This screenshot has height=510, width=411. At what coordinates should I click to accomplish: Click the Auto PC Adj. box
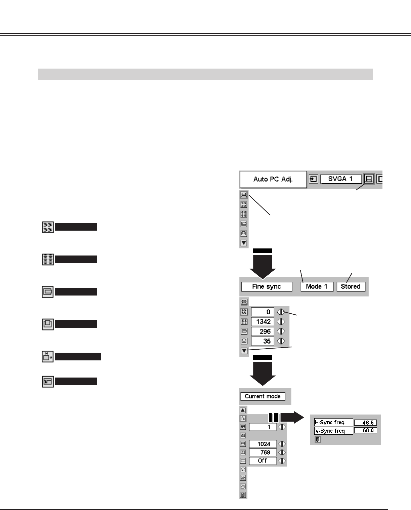273,179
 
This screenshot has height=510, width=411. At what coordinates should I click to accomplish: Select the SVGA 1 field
340,179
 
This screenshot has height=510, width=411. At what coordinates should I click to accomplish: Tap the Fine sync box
266,286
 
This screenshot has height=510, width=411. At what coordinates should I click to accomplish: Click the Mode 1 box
316,286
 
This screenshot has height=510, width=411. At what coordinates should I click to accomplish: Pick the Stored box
351,286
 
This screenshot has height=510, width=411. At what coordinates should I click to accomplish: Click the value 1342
263,322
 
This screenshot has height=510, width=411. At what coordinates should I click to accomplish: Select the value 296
263,331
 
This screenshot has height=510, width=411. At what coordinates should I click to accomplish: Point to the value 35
263,341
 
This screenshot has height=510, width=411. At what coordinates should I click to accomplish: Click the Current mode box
263,396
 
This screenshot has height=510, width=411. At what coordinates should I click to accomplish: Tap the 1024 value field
263,444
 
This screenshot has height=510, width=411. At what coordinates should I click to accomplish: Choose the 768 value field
263,452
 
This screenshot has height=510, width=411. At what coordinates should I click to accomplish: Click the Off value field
263,461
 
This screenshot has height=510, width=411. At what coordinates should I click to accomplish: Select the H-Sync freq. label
333,422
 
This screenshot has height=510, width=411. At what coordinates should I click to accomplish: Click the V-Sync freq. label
333,431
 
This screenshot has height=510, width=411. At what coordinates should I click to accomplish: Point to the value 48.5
366,423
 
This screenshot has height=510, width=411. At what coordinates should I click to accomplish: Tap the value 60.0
366,431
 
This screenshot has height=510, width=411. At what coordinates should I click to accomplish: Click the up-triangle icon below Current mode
243,410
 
